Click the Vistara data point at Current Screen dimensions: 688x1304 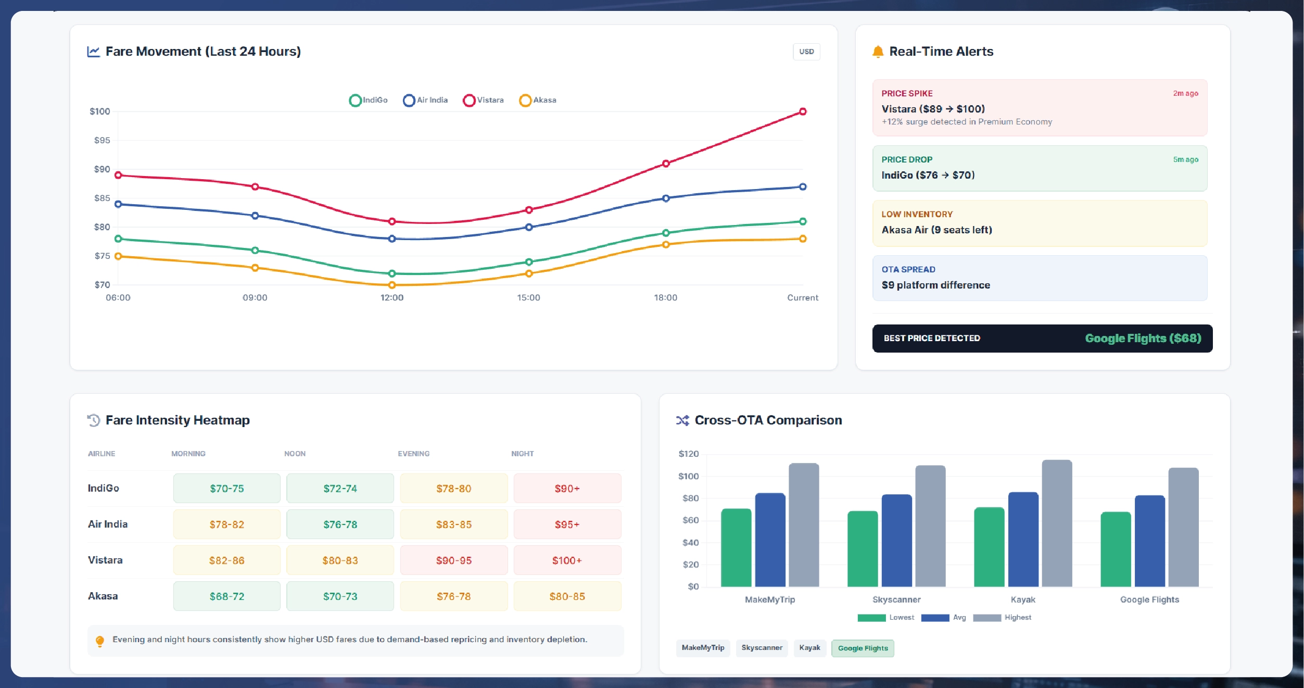point(803,111)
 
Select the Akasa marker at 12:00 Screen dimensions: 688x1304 point(392,285)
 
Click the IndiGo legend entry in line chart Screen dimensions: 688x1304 point(369,100)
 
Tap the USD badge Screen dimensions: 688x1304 point(806,52)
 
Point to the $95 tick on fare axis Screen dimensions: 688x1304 point(102,140)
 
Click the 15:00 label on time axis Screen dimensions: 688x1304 point(528,297)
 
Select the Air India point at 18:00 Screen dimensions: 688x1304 point(666,198)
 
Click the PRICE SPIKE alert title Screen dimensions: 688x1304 point(907,93)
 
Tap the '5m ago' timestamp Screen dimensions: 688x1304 point(1185,159)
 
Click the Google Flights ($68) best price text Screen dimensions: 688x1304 point(1143,338)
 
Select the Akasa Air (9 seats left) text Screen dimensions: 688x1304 point(936,230)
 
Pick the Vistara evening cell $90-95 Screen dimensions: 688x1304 point(453,560)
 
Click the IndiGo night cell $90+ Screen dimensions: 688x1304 point(567,489)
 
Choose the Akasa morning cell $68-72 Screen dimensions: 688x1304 point(226,596)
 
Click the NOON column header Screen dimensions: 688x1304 point(295,454)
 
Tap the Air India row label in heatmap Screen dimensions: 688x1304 point(108,524)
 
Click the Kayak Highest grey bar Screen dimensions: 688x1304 point(1057,523)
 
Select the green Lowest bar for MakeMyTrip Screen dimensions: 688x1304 point(736,547)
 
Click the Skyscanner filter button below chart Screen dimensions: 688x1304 point(762,648)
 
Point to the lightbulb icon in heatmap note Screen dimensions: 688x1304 point(100,641)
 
